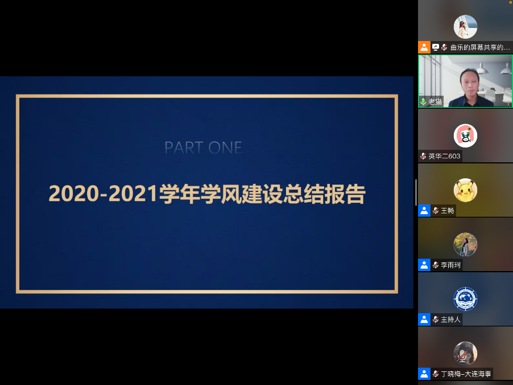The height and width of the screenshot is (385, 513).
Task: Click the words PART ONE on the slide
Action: coord(203,148)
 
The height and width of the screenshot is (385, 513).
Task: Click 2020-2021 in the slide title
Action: coord(104,194)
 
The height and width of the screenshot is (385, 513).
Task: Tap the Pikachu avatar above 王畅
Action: coord(465,190)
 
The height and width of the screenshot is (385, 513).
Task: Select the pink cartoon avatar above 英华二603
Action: coord(465,136)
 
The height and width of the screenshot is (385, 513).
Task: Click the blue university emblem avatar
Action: coord(465,299)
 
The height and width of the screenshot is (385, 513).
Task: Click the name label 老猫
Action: coord(435,102)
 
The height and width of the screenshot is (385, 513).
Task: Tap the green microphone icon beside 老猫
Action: coord(423,102)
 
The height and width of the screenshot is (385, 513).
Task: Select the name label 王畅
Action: coord(447,211)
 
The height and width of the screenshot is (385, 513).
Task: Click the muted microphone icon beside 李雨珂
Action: coord(436,265)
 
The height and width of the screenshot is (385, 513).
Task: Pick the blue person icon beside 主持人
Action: coord(424,319)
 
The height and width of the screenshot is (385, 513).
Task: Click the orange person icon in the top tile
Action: coord(424,47)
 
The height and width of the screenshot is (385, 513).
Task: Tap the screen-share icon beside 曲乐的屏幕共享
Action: coord(436,47)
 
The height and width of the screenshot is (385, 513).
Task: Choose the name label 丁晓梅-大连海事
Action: coord(466,374)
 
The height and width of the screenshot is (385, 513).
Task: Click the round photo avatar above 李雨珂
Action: coord(465,244)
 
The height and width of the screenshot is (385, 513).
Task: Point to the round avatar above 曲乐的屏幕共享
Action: coord(465,27)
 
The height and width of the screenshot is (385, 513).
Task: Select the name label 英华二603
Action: coord(444,156)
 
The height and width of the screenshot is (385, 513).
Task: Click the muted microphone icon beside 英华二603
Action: coord(423,156)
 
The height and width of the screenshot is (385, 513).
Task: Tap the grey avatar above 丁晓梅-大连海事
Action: coord(465,353)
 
